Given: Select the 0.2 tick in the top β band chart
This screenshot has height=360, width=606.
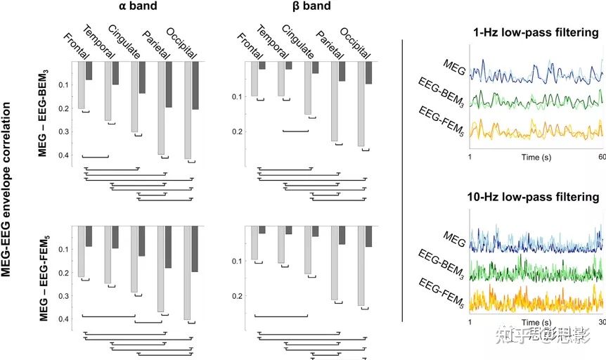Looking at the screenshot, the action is (x=238, y=131).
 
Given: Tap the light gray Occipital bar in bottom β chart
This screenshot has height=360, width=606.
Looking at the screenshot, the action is (x=361, y=266).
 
